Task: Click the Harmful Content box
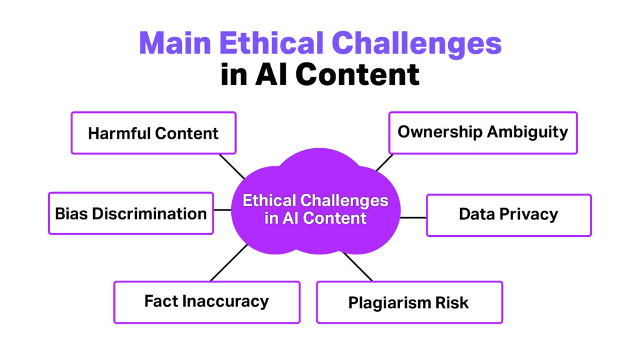tap(153, 133)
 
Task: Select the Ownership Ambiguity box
tap(482, 132)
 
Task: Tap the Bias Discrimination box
tap(131, 213)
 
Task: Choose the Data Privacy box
tap(508, 215)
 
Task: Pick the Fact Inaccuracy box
tap(206, 302)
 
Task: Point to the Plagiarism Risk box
tap(409, 302)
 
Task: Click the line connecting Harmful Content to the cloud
tap(232, 166)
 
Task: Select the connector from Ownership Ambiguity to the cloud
tap(384, 163)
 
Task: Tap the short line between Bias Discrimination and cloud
tap(222, 210)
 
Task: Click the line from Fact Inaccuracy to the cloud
tap(229, 262)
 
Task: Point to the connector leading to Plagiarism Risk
tap(357, 266)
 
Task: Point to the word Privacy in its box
tap(531, 214)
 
